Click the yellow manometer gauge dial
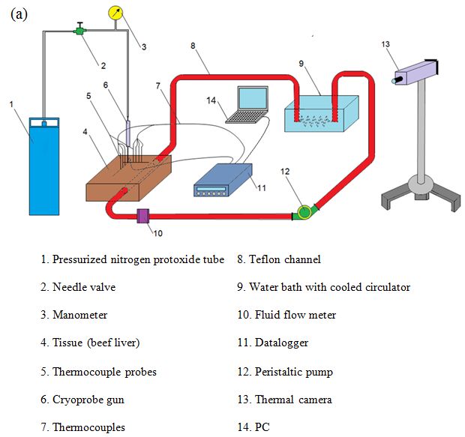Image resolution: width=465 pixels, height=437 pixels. coord(115,13)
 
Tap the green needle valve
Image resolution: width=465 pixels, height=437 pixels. coord(79,30)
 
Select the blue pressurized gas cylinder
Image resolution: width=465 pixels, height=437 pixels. coord(44,166)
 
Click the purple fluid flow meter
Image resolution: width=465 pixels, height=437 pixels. coord(143,216)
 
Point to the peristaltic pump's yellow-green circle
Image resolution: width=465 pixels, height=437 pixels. coord(304,211)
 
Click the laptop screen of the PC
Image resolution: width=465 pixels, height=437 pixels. coord(253,98)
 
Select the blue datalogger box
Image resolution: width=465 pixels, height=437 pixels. coord(223,180)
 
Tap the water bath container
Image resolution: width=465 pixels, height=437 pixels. coord(322,113)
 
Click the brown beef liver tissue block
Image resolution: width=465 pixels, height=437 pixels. coord(128,178)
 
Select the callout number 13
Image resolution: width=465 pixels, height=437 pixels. coord(385,44)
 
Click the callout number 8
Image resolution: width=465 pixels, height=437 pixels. coord(193,46)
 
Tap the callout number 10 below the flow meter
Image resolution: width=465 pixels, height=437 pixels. coord(157,233)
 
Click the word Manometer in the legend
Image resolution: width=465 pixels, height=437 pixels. coord(80,315)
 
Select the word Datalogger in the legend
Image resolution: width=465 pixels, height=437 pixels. coord(281,343)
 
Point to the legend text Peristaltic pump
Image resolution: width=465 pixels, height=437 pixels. coord(294,372)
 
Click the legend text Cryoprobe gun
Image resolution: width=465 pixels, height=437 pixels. coord(88,400)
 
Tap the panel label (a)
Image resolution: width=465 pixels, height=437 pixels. coord(19,14)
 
